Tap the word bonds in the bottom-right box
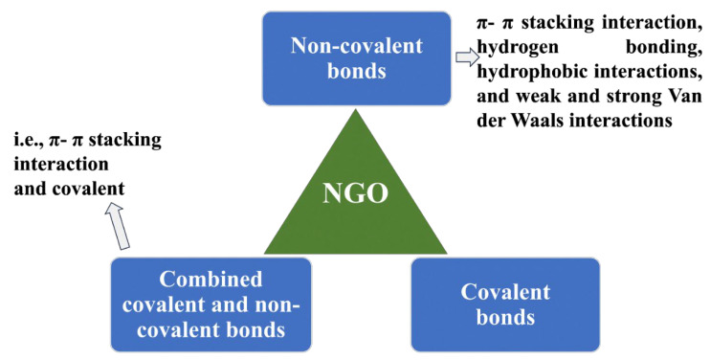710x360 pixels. pyautogui.click(x=505, y=316)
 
